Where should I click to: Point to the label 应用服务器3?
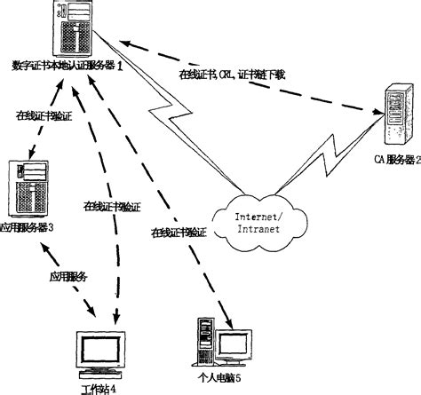point(28,227)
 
